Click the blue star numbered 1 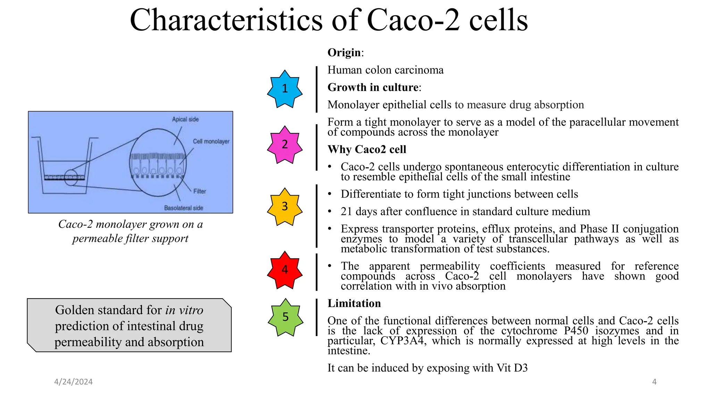[x=285, y=89]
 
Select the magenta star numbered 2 [x=285, y=144]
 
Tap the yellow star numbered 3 [x=285, y=207]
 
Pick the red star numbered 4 [x=285, y=270]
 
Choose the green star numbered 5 [x=285, y=317]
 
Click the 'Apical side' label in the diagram [x=185, y=119]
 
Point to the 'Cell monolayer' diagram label [x=211, y=141]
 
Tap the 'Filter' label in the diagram [x=200, y=191]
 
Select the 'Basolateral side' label [x=184, y=208]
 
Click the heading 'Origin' [x=344, y=52]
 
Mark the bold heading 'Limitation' [x=354, y=303]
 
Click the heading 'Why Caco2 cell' [x=367, y=149]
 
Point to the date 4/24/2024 [x=73, y=382]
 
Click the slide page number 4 [x=654, y=382]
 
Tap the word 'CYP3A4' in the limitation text [x=402, y=341]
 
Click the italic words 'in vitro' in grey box [x=184, y=310]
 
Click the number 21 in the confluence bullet [x=346, y=211]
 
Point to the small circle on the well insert [x=71, y=177]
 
